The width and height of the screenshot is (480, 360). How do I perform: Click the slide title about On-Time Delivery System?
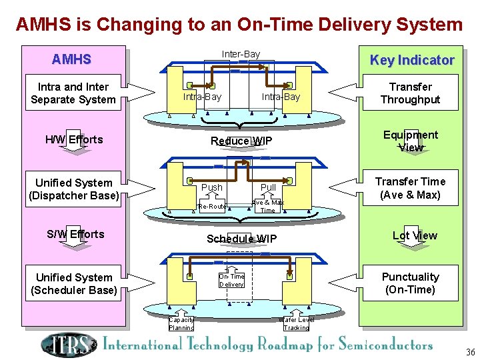[x=239, y=25]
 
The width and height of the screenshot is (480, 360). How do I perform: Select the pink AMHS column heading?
[x=71, y=59]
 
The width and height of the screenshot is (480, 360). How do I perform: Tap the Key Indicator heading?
[x=411, y=60]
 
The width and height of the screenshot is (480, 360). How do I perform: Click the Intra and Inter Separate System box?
[x=73, y=93]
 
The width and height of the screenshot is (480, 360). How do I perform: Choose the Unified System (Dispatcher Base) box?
[x=73, y=189]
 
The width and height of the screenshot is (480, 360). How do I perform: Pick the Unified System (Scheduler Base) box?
[x=73, y=284]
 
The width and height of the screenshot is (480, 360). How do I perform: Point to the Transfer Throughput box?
[x=410, y=93]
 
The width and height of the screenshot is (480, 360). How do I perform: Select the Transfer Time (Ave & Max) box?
[x=410, y=188]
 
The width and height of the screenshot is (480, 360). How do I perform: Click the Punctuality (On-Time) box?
[x=410, y=283]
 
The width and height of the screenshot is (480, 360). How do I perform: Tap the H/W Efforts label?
[x=74, y=139]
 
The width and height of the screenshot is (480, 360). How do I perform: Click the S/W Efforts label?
[x=75, y=234]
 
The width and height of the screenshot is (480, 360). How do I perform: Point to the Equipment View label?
[x=411, y=141]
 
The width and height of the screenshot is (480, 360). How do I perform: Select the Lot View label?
[x=415, y=235]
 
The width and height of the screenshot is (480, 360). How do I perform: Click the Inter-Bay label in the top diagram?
[x=241, y=54]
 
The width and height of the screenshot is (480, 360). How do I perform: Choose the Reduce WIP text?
[x=241, y=141]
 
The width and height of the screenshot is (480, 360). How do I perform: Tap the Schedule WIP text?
[x=241, y=239]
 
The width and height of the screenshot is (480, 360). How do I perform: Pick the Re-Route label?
[x=212, y=207]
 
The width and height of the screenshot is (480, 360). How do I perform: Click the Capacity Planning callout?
[x=181, y=323]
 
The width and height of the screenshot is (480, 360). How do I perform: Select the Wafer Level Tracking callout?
[x=296, y=323]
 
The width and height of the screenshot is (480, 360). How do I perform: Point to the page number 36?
[x=470, y=352]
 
